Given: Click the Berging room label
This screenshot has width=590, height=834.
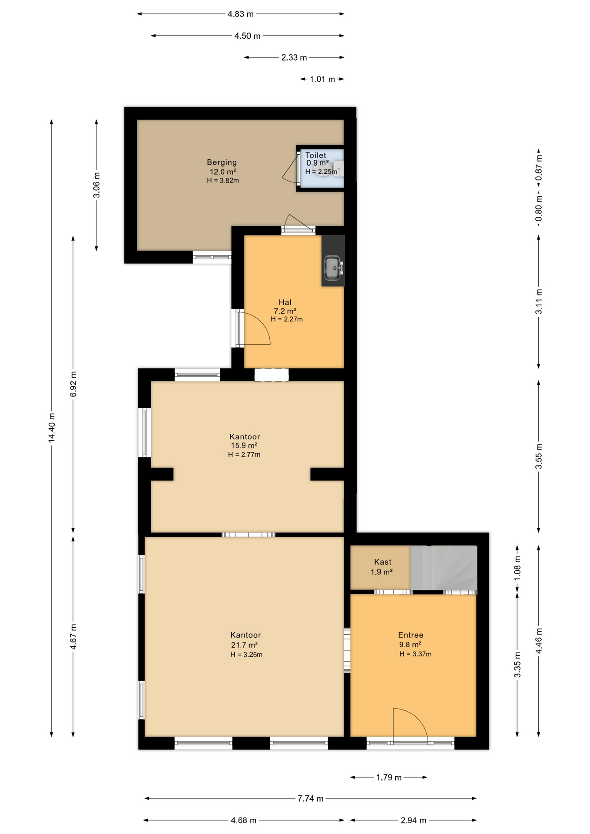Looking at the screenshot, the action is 222,162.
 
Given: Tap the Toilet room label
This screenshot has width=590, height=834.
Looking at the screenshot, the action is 315,155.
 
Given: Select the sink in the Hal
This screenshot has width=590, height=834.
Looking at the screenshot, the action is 334,267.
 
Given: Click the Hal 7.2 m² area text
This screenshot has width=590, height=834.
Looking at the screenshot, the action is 285,311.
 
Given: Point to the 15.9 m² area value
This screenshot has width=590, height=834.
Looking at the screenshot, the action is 244,446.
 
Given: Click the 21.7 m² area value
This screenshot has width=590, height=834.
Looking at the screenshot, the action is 244,645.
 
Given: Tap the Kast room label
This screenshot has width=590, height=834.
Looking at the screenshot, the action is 383,562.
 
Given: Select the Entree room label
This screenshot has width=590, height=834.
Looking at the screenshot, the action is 411,635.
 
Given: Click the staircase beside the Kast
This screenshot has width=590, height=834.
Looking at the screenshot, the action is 444,568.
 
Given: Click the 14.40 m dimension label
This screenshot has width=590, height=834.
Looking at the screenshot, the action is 52,427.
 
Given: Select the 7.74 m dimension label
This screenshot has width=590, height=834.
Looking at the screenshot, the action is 310,798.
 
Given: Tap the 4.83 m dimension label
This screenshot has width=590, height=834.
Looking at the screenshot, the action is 241,14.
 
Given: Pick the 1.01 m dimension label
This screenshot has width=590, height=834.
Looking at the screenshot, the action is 322,79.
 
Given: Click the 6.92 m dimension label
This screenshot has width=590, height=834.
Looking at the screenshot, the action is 73,384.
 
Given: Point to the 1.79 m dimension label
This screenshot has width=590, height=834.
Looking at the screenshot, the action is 389,777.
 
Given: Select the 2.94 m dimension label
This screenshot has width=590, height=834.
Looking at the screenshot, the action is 413,820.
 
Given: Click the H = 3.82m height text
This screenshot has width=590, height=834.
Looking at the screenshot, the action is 223,180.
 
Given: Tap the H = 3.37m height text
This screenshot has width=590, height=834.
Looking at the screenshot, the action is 415,654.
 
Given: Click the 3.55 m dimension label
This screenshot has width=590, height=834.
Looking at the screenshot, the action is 539,456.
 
